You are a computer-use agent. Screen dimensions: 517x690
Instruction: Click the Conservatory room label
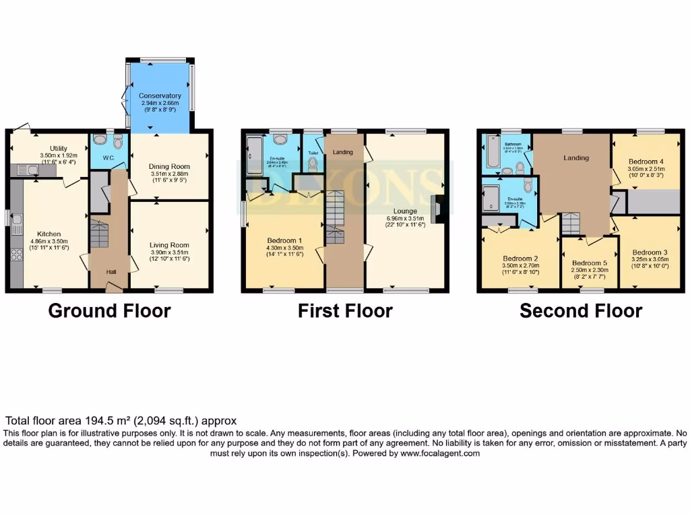(160, 96)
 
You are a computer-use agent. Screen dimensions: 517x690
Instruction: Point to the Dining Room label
(169, 166)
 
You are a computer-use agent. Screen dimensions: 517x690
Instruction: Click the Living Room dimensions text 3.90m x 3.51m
(169, 252)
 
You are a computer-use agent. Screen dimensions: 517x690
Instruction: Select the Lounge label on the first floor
(405, 211)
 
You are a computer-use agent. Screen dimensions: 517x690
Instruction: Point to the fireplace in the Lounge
(439, 208)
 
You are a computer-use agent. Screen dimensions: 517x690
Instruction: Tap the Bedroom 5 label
(590, 263)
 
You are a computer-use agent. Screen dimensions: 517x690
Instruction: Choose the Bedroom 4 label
(646, 162)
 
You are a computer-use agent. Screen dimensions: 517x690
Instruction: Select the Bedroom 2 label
(520, 258)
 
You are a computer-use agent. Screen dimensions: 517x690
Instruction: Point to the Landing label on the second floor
(576, 158)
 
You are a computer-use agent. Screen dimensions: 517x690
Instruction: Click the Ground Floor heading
(109, 310)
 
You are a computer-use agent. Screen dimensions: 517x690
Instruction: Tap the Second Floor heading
(580, 310)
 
